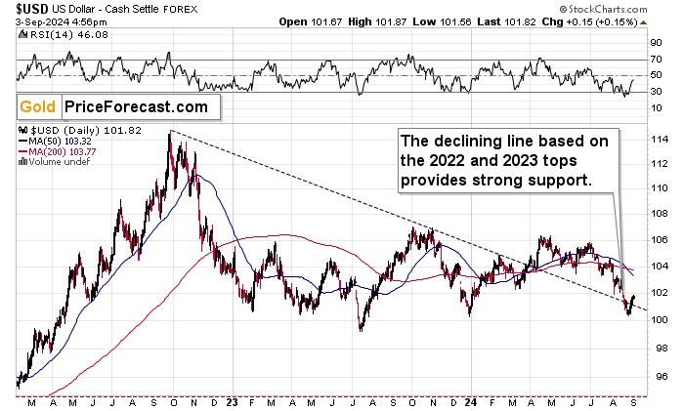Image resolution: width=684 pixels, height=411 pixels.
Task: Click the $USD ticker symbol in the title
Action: pos(22,7)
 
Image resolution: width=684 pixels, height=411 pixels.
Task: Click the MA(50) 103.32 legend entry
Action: pos(55,141)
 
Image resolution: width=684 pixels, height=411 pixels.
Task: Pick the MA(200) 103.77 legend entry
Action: pos(58,151)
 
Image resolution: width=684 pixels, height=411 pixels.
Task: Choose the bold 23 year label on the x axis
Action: pos(231,401)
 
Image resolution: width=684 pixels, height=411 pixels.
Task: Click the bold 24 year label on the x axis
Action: pos(471,401)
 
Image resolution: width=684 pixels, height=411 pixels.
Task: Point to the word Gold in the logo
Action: pos(36,105)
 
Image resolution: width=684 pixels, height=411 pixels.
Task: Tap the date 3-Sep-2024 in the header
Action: pos(34,21)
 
